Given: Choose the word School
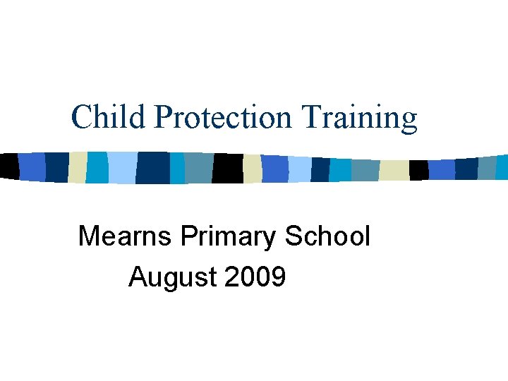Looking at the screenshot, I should pyautogui.click(x=327, y=236).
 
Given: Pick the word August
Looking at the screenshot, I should pyautogui.click(x=173, y=278).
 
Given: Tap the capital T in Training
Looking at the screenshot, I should pyautogui.click(x=310, y=117).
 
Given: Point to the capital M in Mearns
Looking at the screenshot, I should pyautogui.click(x=89, y=236).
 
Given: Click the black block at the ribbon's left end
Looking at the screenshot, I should pyautogui.click(x=8, y=166).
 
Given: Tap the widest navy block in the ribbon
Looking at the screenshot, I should pyautogui.click(x=152, y=168).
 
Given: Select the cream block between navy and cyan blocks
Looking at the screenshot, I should pyautogui.click(x=77, y=167).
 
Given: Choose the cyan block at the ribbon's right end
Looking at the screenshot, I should pyautogui.click(x=502, y=167).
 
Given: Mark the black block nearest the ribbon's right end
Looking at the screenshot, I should pyautogui.click(x=418, y=170).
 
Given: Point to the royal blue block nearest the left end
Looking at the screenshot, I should pyautogui.click(x=32, y=167).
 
